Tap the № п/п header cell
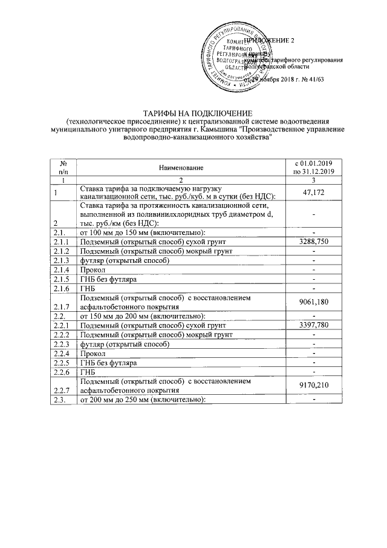click(63, 167)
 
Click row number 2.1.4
click(62, 269)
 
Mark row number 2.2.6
click(62, 371)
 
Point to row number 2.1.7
click(62, 306)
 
